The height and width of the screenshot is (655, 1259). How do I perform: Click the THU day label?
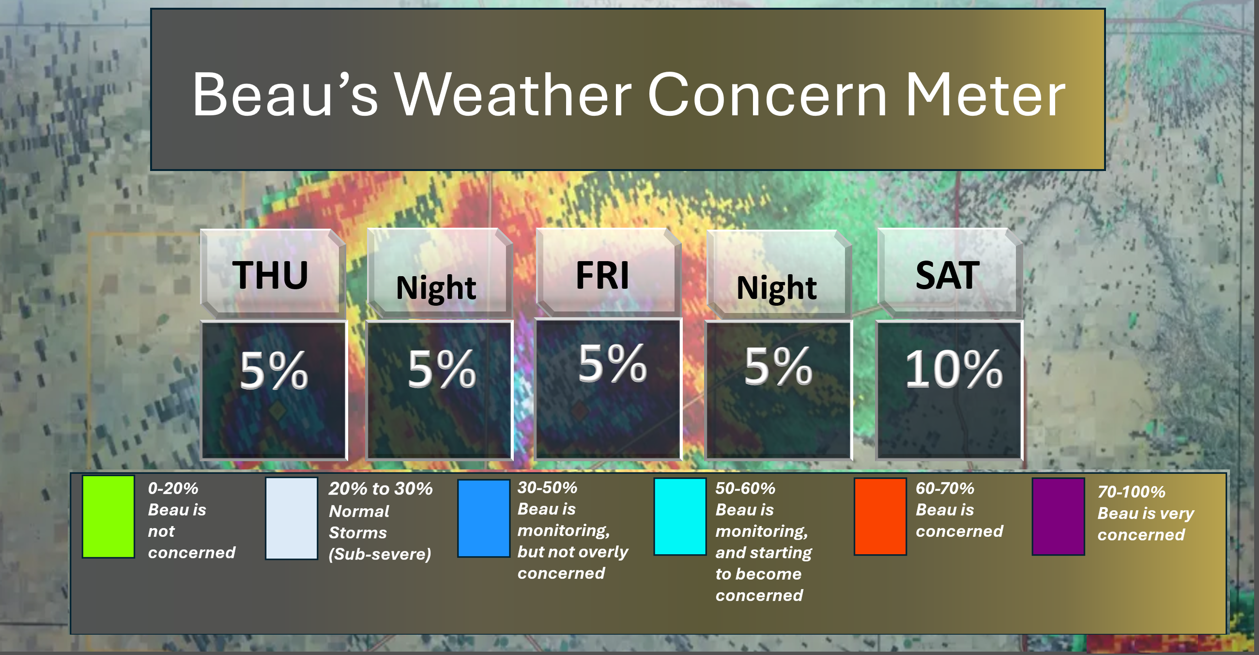point(270,275)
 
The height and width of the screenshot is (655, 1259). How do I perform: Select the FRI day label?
point(602,275)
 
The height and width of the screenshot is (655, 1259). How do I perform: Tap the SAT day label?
point(947,275)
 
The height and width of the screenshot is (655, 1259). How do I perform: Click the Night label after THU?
point(436,288)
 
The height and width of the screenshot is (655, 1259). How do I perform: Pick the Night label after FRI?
point(776,288)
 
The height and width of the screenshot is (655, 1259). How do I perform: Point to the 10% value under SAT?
point(953,370)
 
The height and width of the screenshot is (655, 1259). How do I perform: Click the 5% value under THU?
point(274,371)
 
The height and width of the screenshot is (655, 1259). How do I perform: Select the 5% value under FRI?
point(613,363)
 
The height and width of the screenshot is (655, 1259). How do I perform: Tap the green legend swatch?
point(108,516)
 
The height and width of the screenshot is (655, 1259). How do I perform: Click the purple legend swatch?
point(1058,516)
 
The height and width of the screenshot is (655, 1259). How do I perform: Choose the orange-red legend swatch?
point(880,516)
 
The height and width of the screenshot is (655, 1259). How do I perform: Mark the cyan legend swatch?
point(680,516)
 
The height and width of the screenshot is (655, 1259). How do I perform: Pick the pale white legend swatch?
point(292,518)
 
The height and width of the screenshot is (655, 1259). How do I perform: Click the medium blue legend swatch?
point(483,518)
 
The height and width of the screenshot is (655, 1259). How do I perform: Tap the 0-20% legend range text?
point(173,488)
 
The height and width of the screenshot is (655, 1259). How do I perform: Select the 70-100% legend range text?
point(1132,492)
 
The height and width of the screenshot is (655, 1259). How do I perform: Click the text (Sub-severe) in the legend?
point(380,554)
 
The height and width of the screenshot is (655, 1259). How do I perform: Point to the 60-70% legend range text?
point(945,488)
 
